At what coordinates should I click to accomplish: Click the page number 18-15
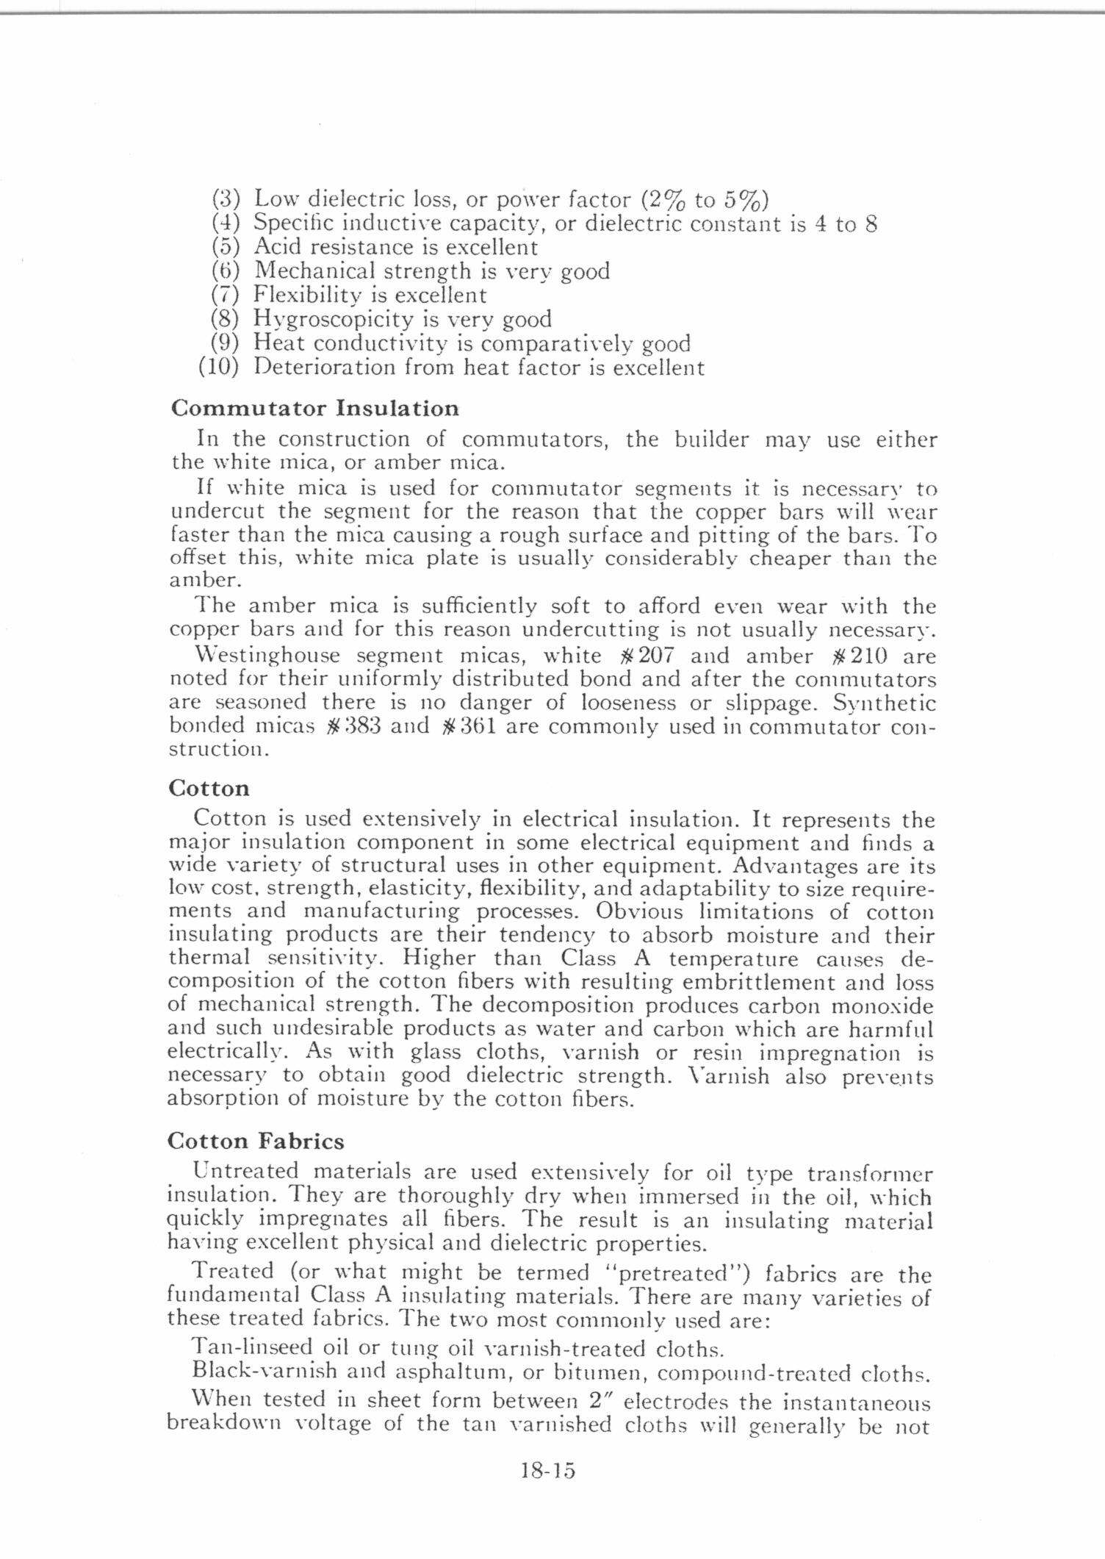[x=547, y=1471]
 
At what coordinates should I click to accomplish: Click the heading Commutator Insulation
[x=314, y=408]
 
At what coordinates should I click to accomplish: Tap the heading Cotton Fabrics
[x=256, y=1142]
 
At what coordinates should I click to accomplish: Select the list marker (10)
[x=218, y=367]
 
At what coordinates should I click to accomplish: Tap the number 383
[x=361, y=726]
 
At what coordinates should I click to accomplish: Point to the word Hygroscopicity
[x=334, y=319]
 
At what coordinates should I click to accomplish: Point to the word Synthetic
[x=884, y=703]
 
